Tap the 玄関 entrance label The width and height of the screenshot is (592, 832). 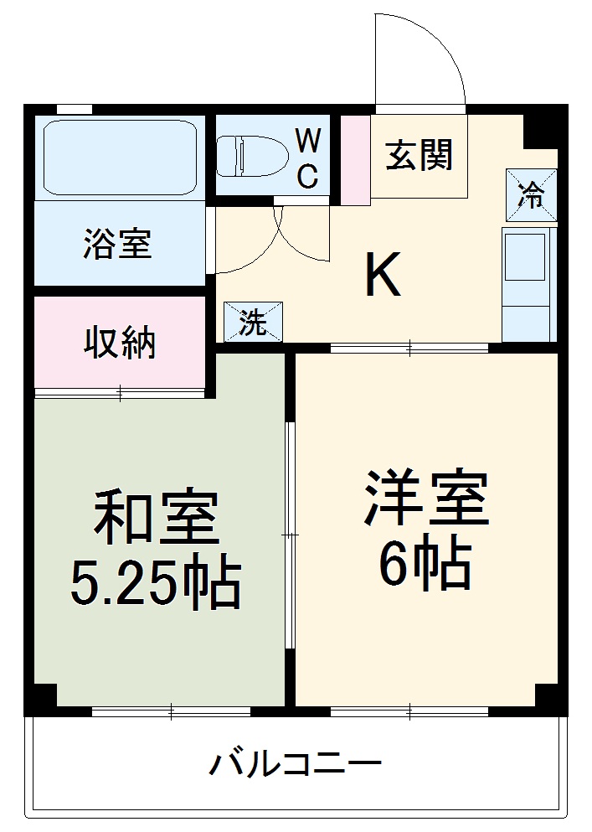pos(419,155)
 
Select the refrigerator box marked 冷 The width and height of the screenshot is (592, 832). pos(530,194)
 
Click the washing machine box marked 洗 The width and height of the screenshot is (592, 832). pos(253,323)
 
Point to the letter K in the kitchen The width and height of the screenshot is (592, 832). pos(383,276)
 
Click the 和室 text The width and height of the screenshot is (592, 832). pos(156,517)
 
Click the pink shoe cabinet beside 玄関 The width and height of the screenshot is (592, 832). pos(355,159)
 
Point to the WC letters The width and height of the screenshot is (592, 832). pos(308,156)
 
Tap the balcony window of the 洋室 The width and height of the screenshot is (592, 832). pos(409,712)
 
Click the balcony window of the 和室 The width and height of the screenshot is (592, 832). pos(171,712)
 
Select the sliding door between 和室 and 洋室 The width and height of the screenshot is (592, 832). pos(290,534)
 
